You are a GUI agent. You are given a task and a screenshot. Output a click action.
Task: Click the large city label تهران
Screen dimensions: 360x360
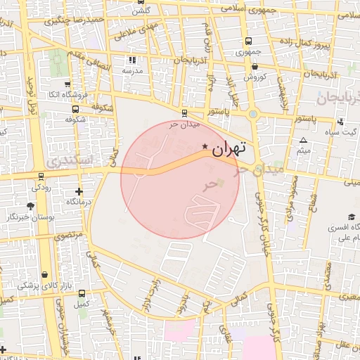(x=229, y=148)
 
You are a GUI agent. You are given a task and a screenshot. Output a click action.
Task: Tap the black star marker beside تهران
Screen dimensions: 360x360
(x=205, y=146)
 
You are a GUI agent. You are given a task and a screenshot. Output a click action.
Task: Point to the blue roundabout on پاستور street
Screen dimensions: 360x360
(x=253, y=113)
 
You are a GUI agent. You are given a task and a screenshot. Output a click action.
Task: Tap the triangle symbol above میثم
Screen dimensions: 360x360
(x=303, y=141)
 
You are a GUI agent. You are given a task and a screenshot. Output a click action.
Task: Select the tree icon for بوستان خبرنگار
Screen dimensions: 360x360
(x=30, y=205)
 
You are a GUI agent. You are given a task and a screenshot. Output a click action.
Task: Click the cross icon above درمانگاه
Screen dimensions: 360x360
(x=78, y=191)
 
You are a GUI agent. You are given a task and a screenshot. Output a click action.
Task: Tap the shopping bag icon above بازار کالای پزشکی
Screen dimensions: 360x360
(x=44, y=275)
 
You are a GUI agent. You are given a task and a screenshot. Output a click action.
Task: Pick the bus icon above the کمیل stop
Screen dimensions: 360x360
(x=82, y=294)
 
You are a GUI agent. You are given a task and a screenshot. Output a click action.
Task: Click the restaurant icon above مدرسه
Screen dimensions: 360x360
(x=132, y=60)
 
